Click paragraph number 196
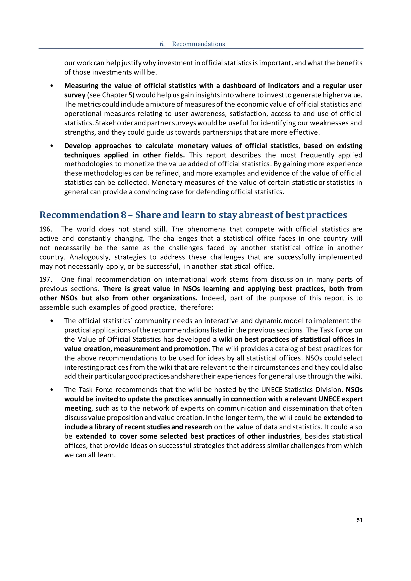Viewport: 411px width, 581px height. tap(46, 229)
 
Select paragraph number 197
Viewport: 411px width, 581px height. tap(46, 279)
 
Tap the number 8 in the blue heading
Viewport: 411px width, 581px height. tap(123, 215)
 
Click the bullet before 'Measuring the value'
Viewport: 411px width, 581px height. tap(52, 86)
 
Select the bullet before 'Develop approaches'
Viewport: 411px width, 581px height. tap(52, 146)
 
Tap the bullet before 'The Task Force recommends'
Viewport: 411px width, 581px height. tap(52, 390)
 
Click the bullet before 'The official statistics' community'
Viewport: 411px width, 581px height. tap(52, 321)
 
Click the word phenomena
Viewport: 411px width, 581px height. tap(206, 229)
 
